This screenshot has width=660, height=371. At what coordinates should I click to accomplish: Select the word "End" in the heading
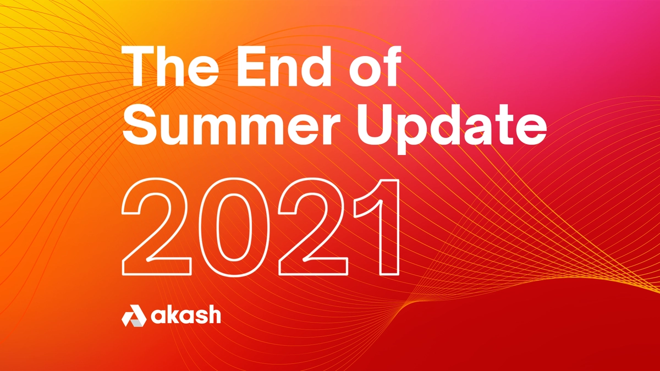pos(283,66)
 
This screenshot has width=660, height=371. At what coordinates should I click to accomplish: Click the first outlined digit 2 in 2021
pos(156,226)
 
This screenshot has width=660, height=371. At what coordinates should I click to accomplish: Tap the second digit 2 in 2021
pos(313,226)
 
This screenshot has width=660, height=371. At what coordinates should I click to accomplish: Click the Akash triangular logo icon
pos(134,315)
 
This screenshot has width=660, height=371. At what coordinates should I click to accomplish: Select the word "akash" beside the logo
pos(186,315)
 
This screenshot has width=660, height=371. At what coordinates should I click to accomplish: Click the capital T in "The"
pos(139,67)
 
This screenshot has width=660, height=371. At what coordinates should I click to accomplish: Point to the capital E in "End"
pos(252,67)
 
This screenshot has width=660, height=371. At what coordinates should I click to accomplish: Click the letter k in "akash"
pos(177,314)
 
